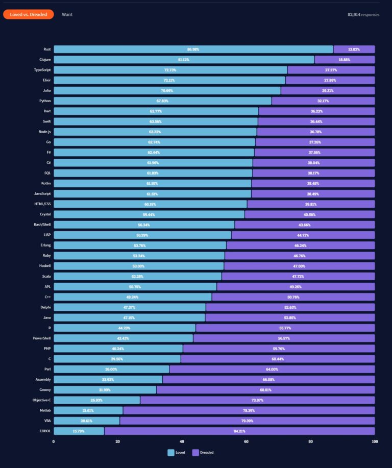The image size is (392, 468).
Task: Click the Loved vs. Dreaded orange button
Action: pyautogui.click(x=28, y=14)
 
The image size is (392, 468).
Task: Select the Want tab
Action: pyautogui.click(x=67, y=14)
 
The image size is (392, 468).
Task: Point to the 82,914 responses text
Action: pyautogui.click(x=363, y=15)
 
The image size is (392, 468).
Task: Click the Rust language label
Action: pyautogui.click(x=46, y=50)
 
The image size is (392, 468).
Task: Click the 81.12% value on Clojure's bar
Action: pyautogui.click(x=192, y=60)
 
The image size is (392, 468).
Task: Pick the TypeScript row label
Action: pyautogui.click(x=42, y=70)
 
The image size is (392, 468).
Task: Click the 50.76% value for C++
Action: pyautogui.click(x=293, y=297)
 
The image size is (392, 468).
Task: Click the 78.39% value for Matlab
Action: pyautogui.click(x=249, y=410)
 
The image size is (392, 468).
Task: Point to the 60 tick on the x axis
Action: pyautogui.click(x=246, y=441)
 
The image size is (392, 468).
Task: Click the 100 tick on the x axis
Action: pyautogui.click(x=374, y=441)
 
